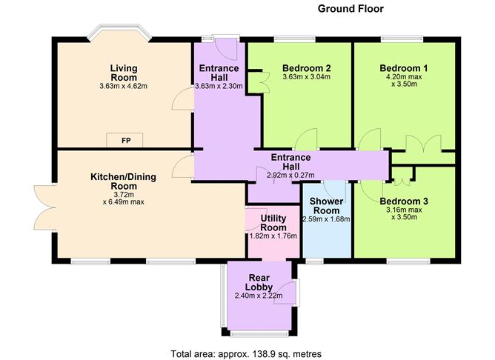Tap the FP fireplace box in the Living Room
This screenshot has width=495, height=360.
(118, 141)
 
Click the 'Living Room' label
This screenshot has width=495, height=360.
(124, 73)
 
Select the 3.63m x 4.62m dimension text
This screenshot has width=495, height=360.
(124, 87)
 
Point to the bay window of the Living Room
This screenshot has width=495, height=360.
(119, 32)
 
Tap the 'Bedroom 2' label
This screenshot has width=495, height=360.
(306, 68)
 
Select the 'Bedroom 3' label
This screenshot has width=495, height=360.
(404, 201)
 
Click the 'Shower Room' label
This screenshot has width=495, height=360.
(326, 205)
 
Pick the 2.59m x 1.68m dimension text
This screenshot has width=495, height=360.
(326, 219)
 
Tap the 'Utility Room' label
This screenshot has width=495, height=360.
(274, 222)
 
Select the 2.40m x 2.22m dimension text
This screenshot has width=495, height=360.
(260, 296)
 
